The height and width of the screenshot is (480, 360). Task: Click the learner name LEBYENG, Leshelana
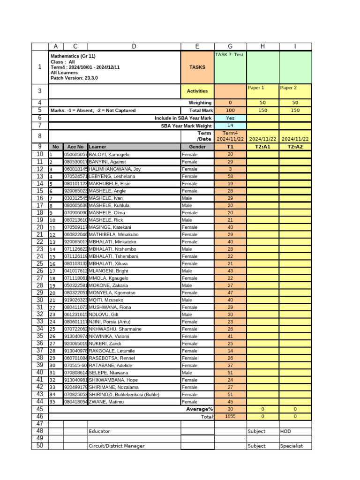(112, 176)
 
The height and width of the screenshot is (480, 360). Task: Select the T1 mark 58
(230, 176)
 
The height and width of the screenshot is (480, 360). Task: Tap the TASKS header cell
(197, 67)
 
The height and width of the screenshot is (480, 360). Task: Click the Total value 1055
(230, 416)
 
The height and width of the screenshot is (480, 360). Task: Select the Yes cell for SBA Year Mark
(230, 118)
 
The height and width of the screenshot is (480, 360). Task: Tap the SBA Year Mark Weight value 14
(230, 126)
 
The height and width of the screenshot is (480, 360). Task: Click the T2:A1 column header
(262, 147)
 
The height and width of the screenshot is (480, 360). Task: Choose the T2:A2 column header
(295, 147)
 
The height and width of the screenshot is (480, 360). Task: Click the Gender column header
(197, 147)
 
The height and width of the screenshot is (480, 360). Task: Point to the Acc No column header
(75, 147)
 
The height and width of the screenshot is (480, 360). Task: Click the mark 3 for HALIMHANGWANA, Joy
(230, 169)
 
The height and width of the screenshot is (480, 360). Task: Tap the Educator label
(99, 431)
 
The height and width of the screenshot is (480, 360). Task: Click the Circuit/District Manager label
(117, 446)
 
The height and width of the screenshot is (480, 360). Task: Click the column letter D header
(134, 46)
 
